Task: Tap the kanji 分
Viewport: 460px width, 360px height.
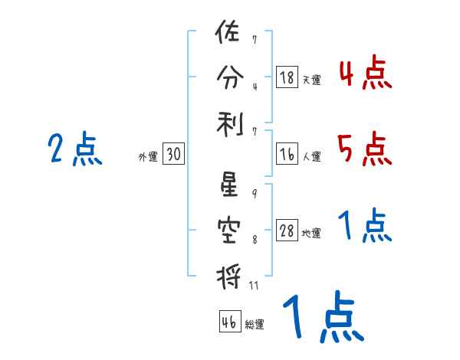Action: [228, 77]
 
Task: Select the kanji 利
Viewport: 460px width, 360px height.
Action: [228, 120]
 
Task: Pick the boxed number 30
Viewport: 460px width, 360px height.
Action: [172, 155]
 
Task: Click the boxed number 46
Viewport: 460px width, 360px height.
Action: [229, 322]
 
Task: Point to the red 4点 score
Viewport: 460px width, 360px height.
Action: [365, 74]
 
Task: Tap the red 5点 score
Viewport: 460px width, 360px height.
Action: [365, 149]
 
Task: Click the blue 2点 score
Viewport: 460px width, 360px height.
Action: [75, 149]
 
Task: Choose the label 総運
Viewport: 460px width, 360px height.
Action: [254, 325]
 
